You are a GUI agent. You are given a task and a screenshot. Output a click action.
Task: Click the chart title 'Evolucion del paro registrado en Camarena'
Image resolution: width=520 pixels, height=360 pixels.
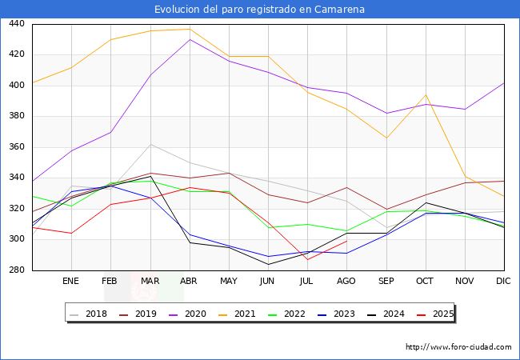260,10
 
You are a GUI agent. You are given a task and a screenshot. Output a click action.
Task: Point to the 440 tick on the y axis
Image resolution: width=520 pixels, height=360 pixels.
16,24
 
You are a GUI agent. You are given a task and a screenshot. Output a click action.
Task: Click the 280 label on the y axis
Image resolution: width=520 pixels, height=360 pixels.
16,270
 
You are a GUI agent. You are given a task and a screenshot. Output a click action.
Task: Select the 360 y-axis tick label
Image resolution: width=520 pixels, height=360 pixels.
16,147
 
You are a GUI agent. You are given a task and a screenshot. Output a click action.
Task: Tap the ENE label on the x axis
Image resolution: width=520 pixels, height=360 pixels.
71,282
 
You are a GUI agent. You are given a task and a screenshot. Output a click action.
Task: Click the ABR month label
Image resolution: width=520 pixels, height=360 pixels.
189,282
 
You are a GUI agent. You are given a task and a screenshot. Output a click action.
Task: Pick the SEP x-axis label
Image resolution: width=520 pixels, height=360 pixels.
386,282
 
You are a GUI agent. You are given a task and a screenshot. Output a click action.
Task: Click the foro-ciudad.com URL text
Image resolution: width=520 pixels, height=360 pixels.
458,347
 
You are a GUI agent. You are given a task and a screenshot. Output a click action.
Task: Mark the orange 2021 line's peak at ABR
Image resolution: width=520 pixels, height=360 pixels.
189,30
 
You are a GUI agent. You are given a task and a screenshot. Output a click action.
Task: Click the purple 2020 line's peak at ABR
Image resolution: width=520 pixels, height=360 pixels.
189,39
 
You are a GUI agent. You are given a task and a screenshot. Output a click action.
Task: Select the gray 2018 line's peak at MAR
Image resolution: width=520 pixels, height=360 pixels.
150,144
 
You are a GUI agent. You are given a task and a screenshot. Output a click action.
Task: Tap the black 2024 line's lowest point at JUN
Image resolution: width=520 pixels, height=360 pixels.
268,264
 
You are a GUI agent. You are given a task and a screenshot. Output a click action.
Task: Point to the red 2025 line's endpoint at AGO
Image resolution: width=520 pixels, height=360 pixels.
346,241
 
